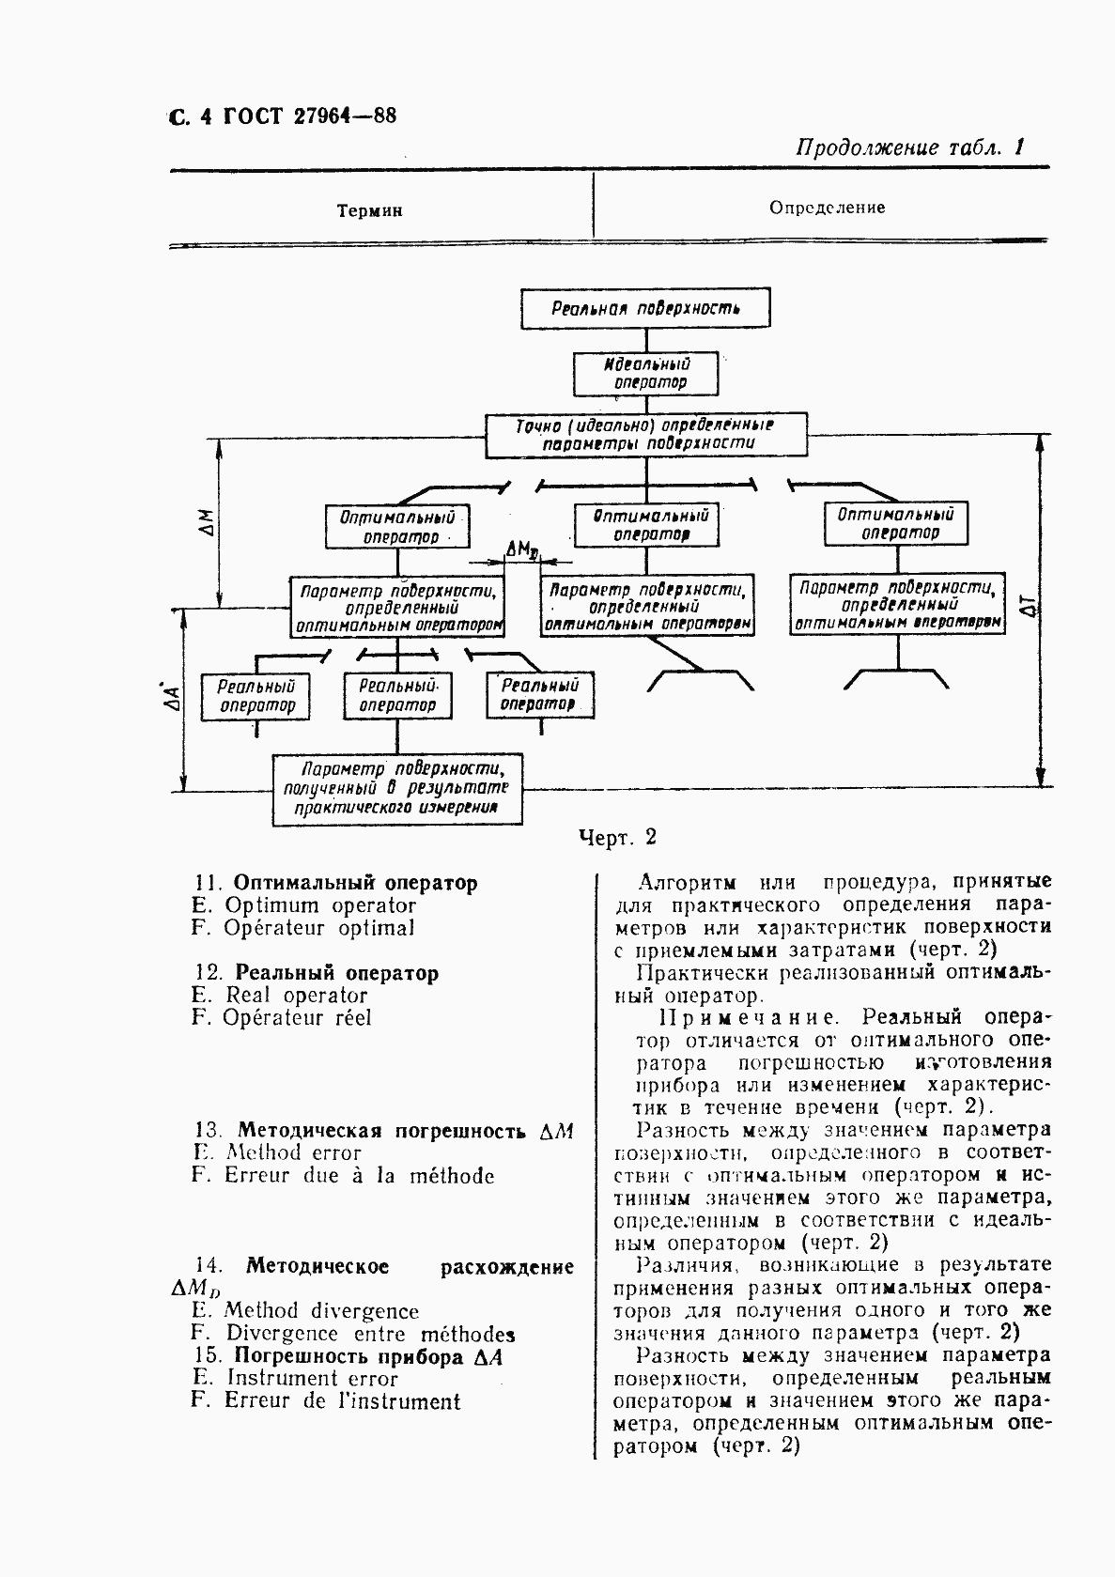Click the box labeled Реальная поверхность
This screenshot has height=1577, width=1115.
(x=645, y=309)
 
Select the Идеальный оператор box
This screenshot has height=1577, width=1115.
(x=645, y=373)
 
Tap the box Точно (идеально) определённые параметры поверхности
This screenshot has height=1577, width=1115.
(x=645, y=435)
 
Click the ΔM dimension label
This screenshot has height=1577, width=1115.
(x=209, y=523)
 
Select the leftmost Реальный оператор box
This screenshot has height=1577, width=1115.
(x=256, y=696)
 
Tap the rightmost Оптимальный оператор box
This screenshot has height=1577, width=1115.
(x=895, y=524)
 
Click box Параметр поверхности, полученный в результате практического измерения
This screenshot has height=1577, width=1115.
(x=397, y=788)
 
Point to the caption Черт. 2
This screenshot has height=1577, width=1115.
(x=617, y=837)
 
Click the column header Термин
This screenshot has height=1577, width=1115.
(x=370, y=211)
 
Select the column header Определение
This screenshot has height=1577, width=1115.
(x=827, y=208)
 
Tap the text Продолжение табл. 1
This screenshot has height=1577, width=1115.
(x=908, y=147)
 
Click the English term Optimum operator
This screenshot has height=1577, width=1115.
(x=319, y=905)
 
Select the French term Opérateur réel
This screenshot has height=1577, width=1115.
(x=297, y=1018)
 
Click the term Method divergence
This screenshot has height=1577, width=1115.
(x=321, y=1311)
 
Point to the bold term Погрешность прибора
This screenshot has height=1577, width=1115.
(x=348, y=1356)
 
